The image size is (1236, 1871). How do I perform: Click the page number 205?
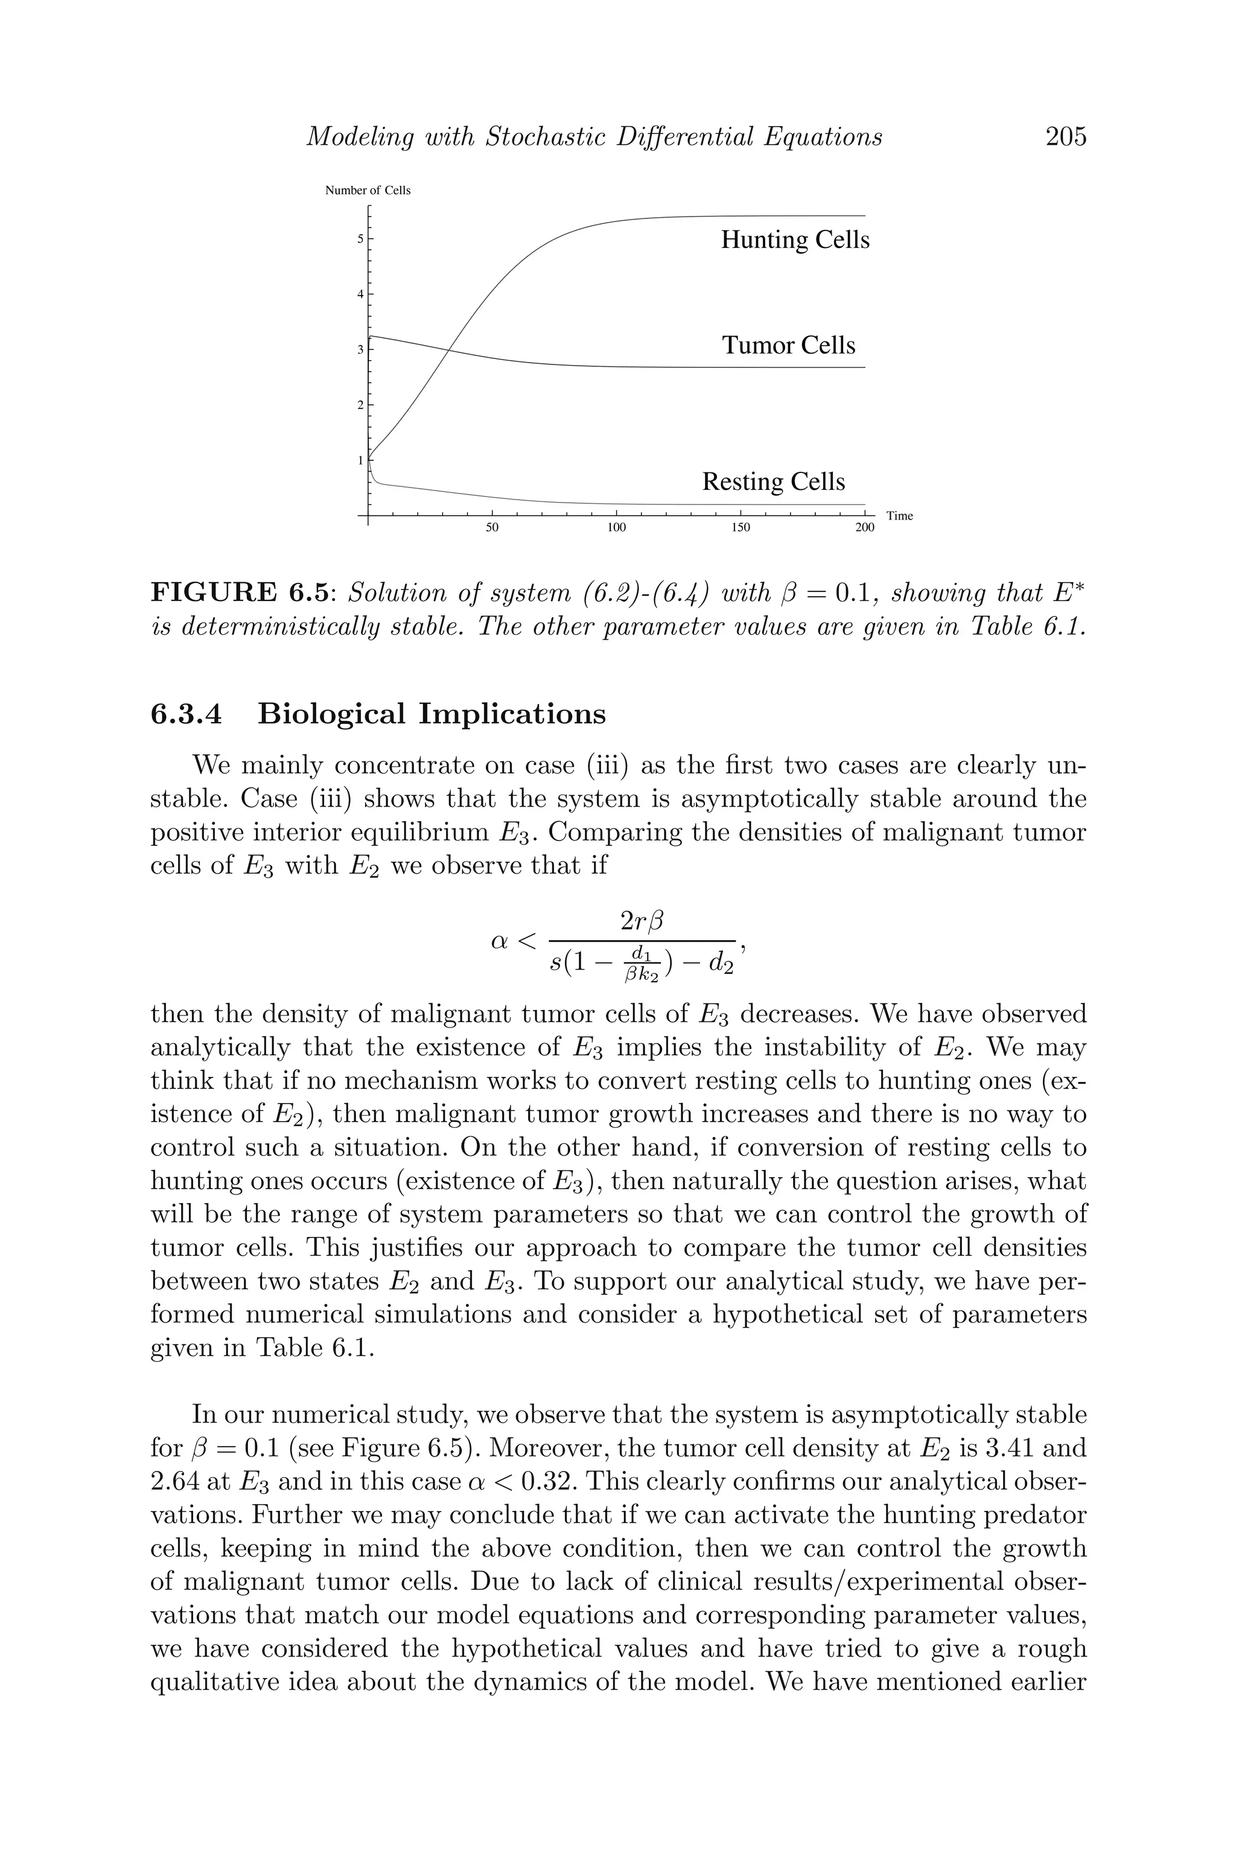click(x=1066, y=137)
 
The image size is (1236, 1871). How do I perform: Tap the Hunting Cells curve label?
click(x=795, y=240)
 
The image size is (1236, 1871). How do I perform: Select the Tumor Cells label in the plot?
click(x=788, y=345)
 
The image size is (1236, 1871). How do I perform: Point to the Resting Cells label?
click(x=773, y=481)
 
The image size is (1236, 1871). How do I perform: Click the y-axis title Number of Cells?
click(x=368, y=191)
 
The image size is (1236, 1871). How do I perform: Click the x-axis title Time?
click(x=899, y=516)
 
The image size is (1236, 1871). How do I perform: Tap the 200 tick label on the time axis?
click(x=864, y=527)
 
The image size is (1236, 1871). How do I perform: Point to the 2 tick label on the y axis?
click(x=360, y=405)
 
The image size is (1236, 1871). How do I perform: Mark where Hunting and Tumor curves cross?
click(x=448, y=350)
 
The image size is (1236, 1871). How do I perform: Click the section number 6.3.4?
click(x=186, y=714)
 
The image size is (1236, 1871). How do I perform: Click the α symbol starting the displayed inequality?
click(x=500, y=940)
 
